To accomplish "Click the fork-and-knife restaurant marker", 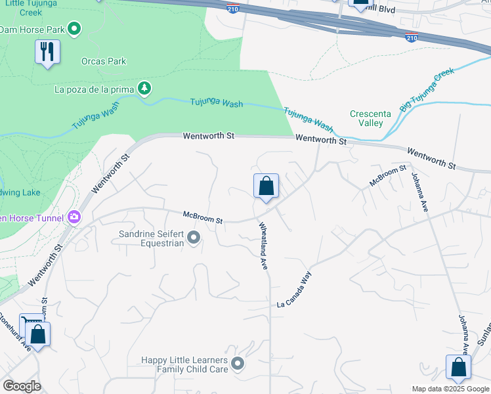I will click(x=47, y=52).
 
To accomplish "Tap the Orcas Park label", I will click(x=104, y=61).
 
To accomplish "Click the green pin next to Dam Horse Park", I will click(x=74, y=28).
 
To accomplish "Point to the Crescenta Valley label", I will click(x=370, y=118).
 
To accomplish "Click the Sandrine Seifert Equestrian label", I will click(x=151, y=238).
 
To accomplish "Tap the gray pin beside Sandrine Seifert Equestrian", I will click(x=194, y=238).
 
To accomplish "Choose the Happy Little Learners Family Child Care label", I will click(x=184, y=364).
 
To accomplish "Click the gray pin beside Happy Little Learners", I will click(x=238, y=363).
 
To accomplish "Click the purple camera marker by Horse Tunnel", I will click(x=75, y=217).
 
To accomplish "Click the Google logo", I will click(x=22, y=386).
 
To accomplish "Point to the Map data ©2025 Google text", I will click(x=450, y=389).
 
